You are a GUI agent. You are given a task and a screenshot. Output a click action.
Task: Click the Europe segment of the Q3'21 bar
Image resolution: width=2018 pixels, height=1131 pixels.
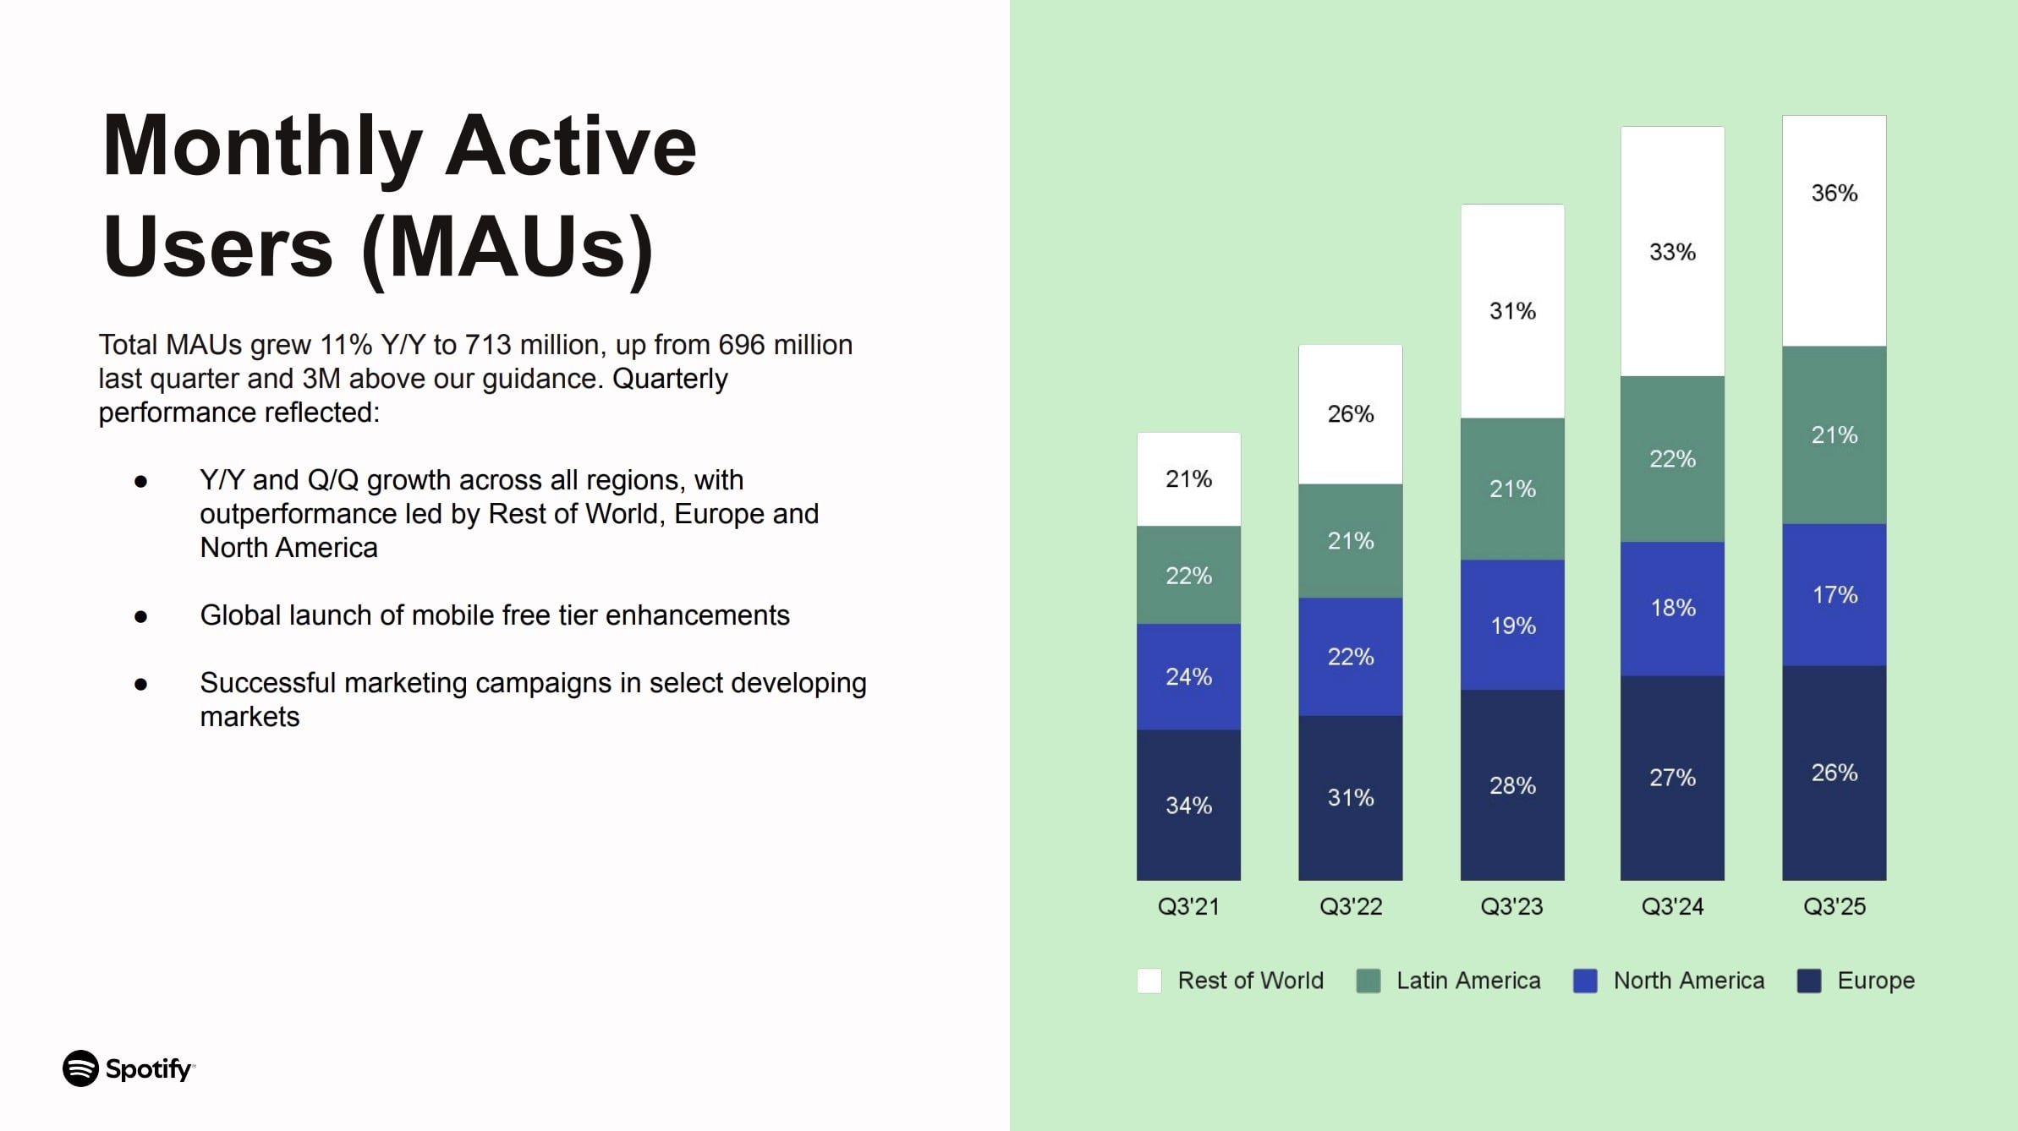point(1188,805)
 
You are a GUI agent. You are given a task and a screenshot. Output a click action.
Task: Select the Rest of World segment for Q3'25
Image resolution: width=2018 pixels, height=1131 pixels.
point(1834,230)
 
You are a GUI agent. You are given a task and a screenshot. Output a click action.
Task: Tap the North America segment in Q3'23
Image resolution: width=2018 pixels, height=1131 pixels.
point(1512,625)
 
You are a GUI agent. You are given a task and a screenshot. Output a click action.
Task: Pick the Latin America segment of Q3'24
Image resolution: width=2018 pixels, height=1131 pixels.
point(1672,459)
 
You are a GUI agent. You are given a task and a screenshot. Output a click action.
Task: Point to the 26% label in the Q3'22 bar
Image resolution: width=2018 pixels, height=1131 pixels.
point(1350,414)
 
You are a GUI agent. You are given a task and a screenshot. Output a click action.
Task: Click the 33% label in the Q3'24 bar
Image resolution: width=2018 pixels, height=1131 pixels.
point(1672,252)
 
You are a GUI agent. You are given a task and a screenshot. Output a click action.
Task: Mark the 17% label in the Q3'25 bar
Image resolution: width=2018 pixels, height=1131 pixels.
point(1834,595)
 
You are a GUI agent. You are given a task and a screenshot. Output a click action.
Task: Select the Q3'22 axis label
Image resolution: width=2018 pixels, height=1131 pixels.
point(1351,907)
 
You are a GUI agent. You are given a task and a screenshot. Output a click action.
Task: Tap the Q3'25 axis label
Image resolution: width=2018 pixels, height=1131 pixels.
point(1834,907)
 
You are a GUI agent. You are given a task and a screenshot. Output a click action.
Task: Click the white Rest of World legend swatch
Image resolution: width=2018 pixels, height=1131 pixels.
point(1149,981)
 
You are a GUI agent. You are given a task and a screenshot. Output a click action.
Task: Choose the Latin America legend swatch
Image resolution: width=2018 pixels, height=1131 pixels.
point(1368,981)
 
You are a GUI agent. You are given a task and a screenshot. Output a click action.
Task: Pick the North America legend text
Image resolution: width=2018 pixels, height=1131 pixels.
point(1688,981)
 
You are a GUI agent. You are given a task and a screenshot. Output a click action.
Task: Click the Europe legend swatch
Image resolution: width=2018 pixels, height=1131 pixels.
point(1808,981)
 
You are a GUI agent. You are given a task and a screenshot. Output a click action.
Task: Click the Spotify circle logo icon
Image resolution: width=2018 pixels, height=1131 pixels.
point(81,1068)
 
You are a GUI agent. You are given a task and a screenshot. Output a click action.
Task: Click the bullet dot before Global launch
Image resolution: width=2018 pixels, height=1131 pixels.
point(141,616)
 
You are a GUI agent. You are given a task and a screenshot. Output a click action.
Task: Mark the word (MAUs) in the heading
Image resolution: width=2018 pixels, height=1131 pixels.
point(507,248)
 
